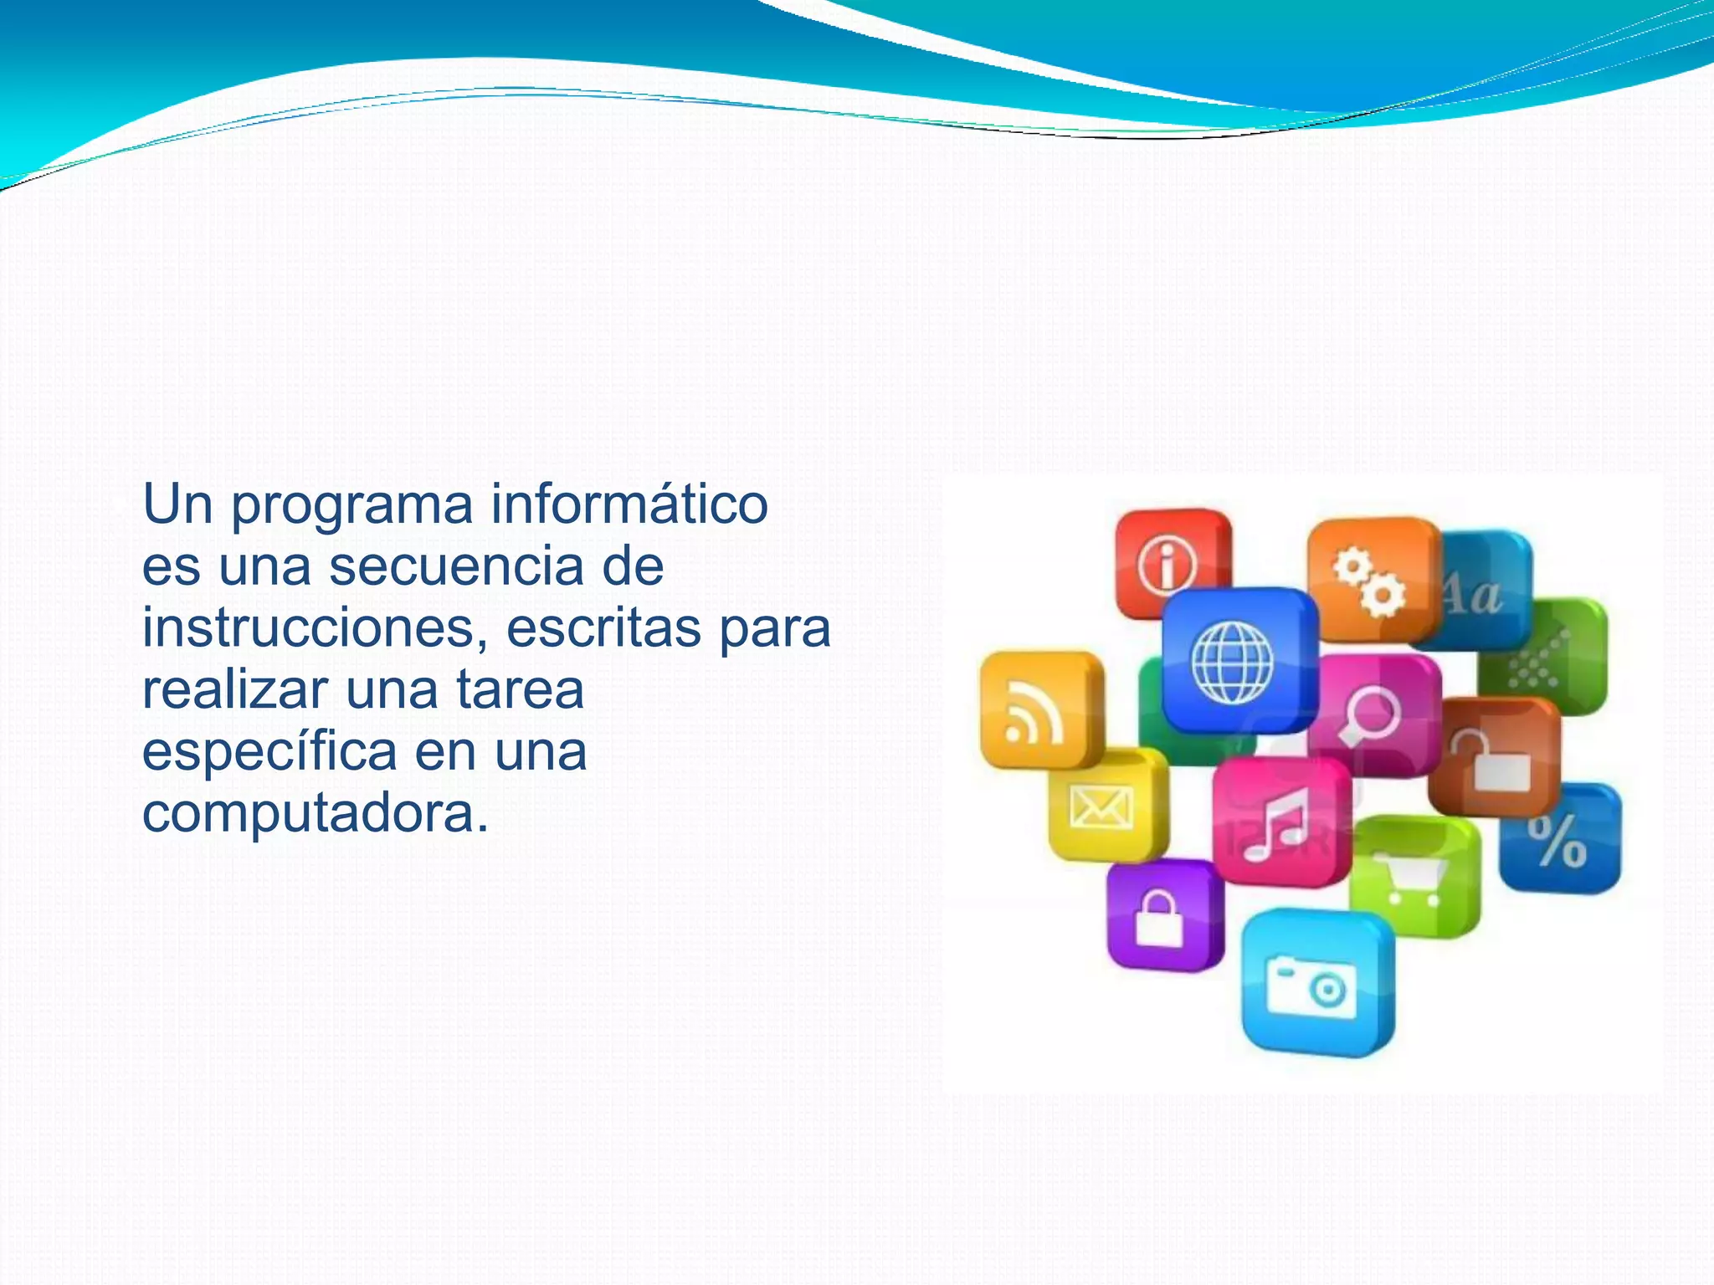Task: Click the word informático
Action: click(629, 504)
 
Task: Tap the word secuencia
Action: click(456, 566)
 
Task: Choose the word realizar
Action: click(235, 690)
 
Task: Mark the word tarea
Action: click(520, 690)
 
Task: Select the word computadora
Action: click(315, 813)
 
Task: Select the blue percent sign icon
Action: click(1559, 839)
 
